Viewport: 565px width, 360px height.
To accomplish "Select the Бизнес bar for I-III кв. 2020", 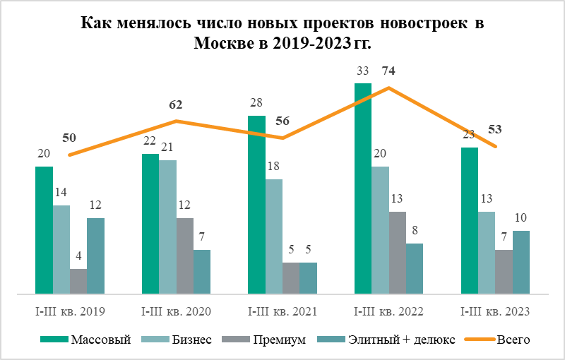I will (167, 227).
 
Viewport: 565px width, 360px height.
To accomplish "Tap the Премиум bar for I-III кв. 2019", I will (78, 281).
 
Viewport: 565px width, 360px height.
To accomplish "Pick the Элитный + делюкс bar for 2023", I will (521, 262).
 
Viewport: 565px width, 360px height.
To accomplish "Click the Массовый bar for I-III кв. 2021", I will (256, 205).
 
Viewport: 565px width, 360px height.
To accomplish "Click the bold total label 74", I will (388, 71).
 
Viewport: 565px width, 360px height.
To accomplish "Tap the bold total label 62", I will (176, 104).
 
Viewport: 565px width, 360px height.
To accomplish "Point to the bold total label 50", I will (69, 138).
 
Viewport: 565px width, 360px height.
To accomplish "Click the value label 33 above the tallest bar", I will (362, 71).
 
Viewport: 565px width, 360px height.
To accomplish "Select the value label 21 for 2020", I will (167, 147).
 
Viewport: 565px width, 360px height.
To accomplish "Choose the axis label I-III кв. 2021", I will (282, 311).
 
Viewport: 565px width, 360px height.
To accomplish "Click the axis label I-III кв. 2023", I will (495, 311).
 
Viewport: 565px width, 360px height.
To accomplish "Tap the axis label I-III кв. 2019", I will (70, 311).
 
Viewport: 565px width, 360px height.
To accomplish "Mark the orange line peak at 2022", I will (388, 88).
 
